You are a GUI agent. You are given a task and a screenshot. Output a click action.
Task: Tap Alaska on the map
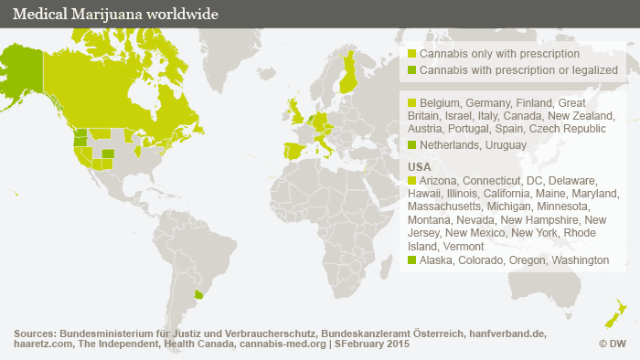click(x=22, y=69)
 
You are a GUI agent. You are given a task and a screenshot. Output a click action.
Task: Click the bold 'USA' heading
click(x=419, y=168)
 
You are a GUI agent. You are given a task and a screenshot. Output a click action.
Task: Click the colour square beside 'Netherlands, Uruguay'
click(x=412, y=145)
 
